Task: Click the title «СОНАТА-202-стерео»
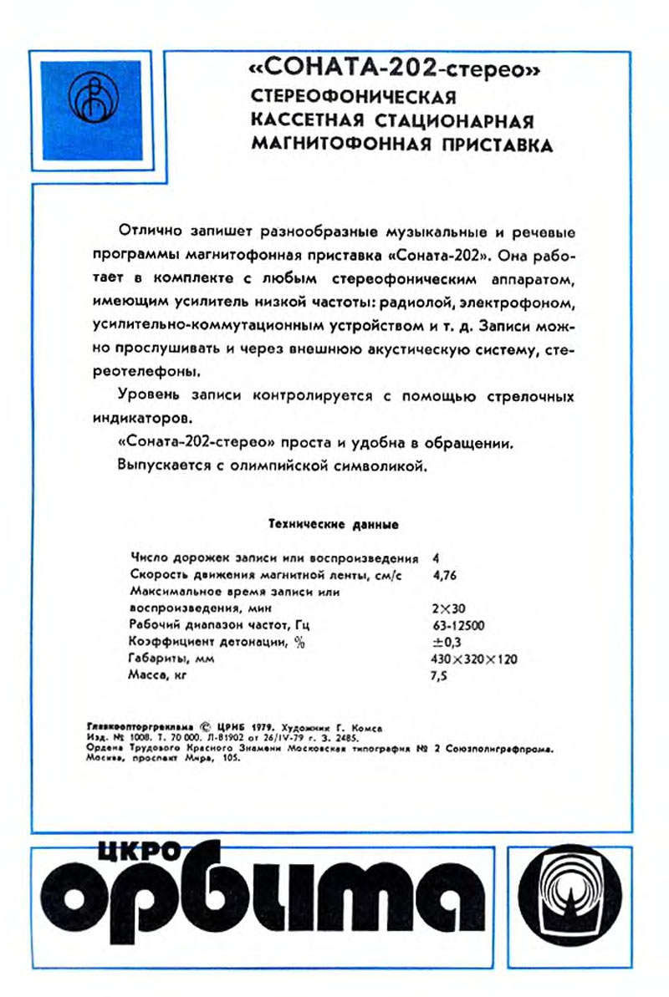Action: tap(393, 71)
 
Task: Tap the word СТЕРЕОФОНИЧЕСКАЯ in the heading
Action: tap(353, 95)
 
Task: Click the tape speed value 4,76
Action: tap(447, 574)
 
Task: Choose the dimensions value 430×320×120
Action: tap(472, 659)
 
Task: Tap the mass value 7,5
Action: tap(438, 677)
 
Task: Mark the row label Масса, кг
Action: tap(156, 675)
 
